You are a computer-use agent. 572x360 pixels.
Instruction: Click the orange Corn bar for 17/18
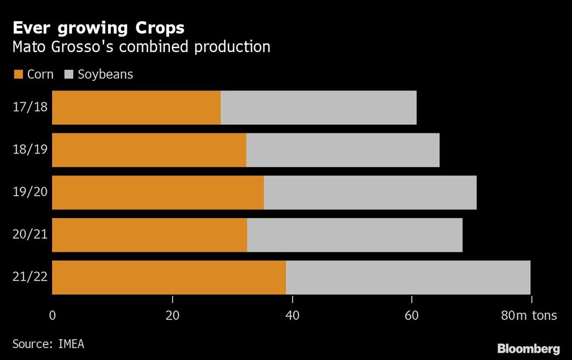tap(136, 108)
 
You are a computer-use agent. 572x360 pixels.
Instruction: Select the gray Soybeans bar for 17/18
tap(319, 108)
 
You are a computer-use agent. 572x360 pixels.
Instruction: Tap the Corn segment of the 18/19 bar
tap(149, 150)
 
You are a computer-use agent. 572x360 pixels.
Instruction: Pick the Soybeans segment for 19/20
tap(370, 192)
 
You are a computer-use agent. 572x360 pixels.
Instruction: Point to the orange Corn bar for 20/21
tap(149, 235)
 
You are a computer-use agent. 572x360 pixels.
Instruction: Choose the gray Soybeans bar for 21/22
tap(408, 278)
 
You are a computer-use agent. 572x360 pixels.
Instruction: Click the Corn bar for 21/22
tap(169, 278)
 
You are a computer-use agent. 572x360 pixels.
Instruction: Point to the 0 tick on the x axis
tap(53, 316)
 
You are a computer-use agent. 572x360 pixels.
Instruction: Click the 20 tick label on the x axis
tap(172, 316)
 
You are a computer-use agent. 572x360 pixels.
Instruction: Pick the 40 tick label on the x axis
tap(292, 316)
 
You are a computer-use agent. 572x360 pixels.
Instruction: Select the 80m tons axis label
tap(529, 316)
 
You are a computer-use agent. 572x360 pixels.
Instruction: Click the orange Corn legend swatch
tap(18, 74)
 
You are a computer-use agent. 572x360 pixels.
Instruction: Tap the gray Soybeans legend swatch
tap(69, 74)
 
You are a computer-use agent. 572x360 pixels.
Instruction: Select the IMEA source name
tap(74, 343)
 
